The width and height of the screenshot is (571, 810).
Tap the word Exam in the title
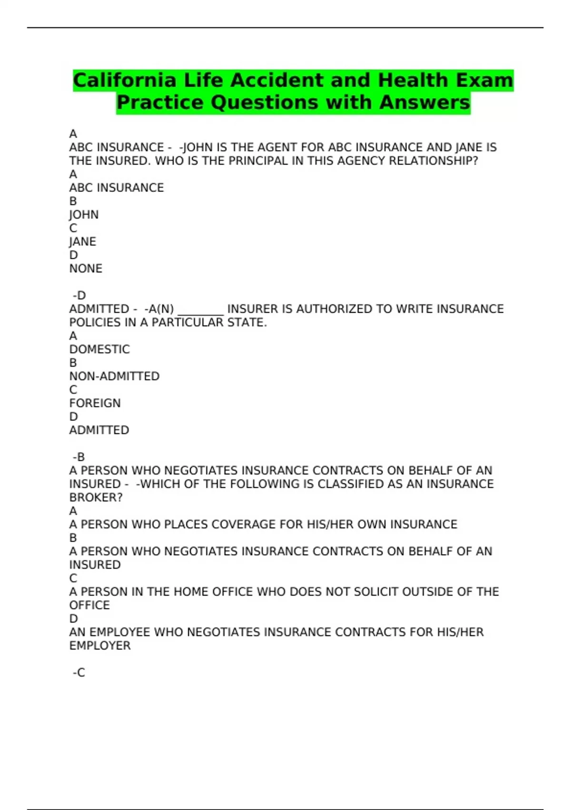tap(484, 81)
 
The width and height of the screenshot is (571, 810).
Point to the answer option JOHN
tap(84, 215)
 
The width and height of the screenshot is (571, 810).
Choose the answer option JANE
tap(83, 242)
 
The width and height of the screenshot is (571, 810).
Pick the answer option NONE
tap(86, 269)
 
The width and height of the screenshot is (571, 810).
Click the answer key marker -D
tap(79, 296)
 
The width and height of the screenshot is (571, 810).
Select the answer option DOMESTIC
tap(99, 350)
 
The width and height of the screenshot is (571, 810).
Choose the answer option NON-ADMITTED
tap(114, 376)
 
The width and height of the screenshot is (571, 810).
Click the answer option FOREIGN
tap(95, 404)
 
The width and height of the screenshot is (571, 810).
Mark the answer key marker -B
tap(79, 457)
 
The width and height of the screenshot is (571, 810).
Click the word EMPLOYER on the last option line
tap(100, 646)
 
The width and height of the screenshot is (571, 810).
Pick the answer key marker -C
tap(79, 673)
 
